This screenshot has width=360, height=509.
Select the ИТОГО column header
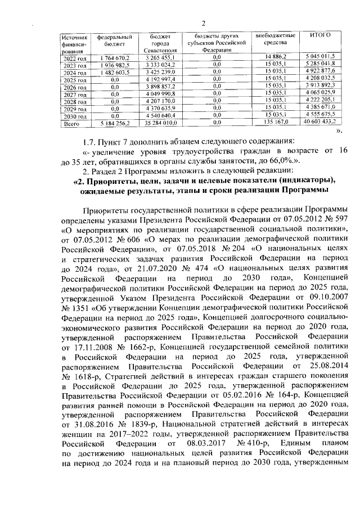(320, 35)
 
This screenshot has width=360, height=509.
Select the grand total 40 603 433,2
(319, 121)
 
